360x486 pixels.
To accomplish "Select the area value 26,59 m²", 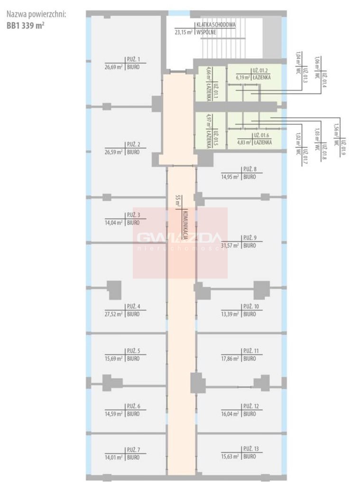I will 114,152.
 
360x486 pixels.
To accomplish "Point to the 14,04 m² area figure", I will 114,222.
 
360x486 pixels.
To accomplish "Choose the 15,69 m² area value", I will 114,359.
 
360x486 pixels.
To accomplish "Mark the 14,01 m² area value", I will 114,458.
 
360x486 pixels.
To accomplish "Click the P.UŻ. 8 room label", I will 249,169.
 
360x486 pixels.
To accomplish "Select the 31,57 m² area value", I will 230,245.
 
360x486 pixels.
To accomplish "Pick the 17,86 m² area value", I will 230,359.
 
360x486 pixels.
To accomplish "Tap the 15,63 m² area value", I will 230,457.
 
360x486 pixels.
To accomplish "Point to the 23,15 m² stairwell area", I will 184,32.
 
